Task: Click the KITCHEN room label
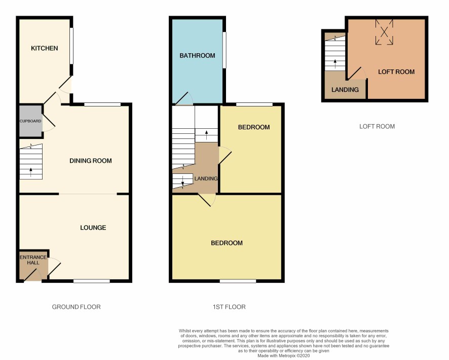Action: click(x=45, y=48)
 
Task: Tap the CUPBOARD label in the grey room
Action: click(x=30, y=121)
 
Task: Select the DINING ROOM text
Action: click(x=91, y=161)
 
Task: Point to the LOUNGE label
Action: click(x=93, y=228)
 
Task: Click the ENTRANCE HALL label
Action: click(x=33, y=260)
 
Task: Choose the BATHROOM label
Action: click(x=197, y=56)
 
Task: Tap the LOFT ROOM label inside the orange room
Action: click(x=396, y=72)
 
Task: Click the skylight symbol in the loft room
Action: click(x=384, y=32)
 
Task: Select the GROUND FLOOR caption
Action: click(x=76, y=307)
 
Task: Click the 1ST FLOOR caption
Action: click(x=229, y=307)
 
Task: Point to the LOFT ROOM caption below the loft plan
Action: click(x=377, y=126)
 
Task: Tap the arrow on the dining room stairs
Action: click(x=31, y=172)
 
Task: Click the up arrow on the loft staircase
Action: click(x=335, y=64)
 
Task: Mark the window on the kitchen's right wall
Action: click(x=71, y=46)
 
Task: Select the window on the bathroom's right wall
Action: click(x=224, y=50)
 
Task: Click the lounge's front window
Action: click(x=92, y=281)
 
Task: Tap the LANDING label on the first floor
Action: click(x=206, y=178)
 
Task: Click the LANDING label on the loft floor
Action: click(x=345, y=90)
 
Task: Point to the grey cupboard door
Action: click(x=49, y=121)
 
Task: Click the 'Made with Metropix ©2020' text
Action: click(x=283, y=356)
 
